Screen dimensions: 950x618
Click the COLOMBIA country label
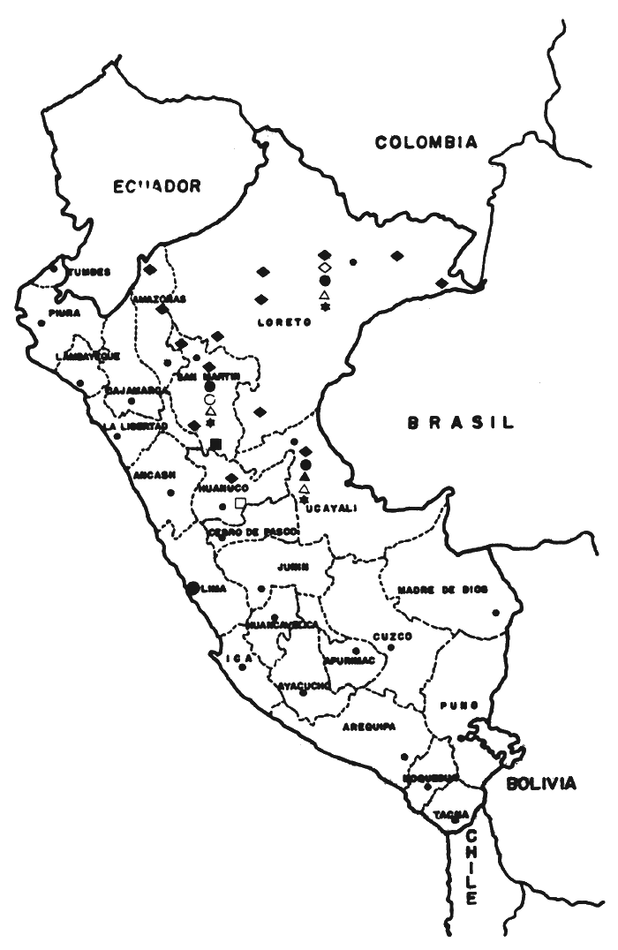426,142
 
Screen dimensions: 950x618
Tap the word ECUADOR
157,185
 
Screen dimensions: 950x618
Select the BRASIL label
460,424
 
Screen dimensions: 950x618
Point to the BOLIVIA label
541,783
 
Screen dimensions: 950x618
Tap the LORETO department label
283,322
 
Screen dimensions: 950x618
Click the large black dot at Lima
192,586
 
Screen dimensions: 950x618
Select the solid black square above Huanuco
216,443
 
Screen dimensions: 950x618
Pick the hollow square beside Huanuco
240,503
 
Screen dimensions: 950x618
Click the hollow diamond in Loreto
324,267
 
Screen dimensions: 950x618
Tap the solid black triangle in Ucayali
305,476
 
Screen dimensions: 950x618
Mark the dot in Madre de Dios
497,612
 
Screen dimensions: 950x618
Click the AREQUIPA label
368,727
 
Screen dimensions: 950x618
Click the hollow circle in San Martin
209,398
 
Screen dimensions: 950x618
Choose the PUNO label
461,705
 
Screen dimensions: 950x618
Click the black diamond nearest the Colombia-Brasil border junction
441,283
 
